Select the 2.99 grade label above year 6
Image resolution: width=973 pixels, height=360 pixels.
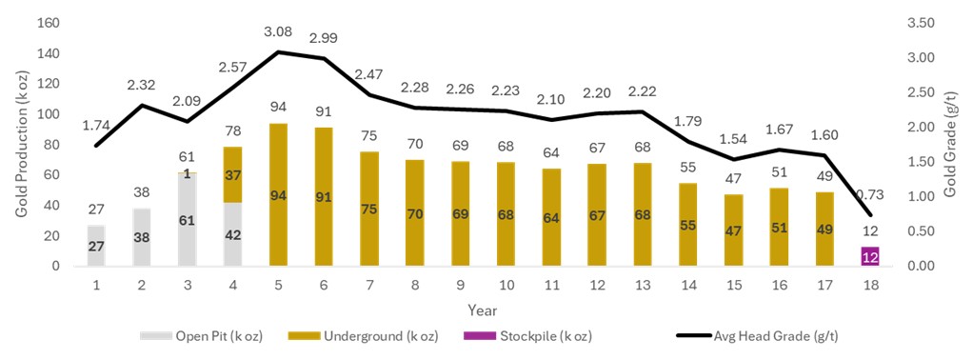coord(324,37)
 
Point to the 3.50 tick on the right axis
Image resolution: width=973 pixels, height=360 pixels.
coord(924,23)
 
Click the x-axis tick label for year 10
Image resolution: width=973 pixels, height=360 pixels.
coord(506,284)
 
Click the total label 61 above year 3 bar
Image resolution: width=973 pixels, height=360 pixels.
coord(188,156)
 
